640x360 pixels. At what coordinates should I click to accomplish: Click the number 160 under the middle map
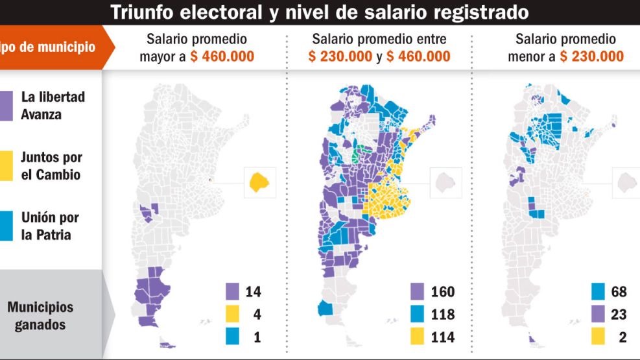click(443, 291)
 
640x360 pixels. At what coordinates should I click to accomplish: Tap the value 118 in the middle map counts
click(443, 314)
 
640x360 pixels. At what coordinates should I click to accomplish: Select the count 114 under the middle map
click(443, 337)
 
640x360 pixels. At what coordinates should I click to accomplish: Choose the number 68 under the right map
click(619, 291)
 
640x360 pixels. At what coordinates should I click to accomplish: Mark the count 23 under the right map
click(619, 314)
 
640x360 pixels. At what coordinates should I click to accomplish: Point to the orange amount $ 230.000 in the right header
click(592, 56)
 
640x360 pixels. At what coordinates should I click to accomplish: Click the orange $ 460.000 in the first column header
click(222, 56)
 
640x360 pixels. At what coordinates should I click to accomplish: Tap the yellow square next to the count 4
click(233, 314)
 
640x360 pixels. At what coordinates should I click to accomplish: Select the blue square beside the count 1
click(233, 337)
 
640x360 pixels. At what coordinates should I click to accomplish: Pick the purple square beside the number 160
click(418, 291)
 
